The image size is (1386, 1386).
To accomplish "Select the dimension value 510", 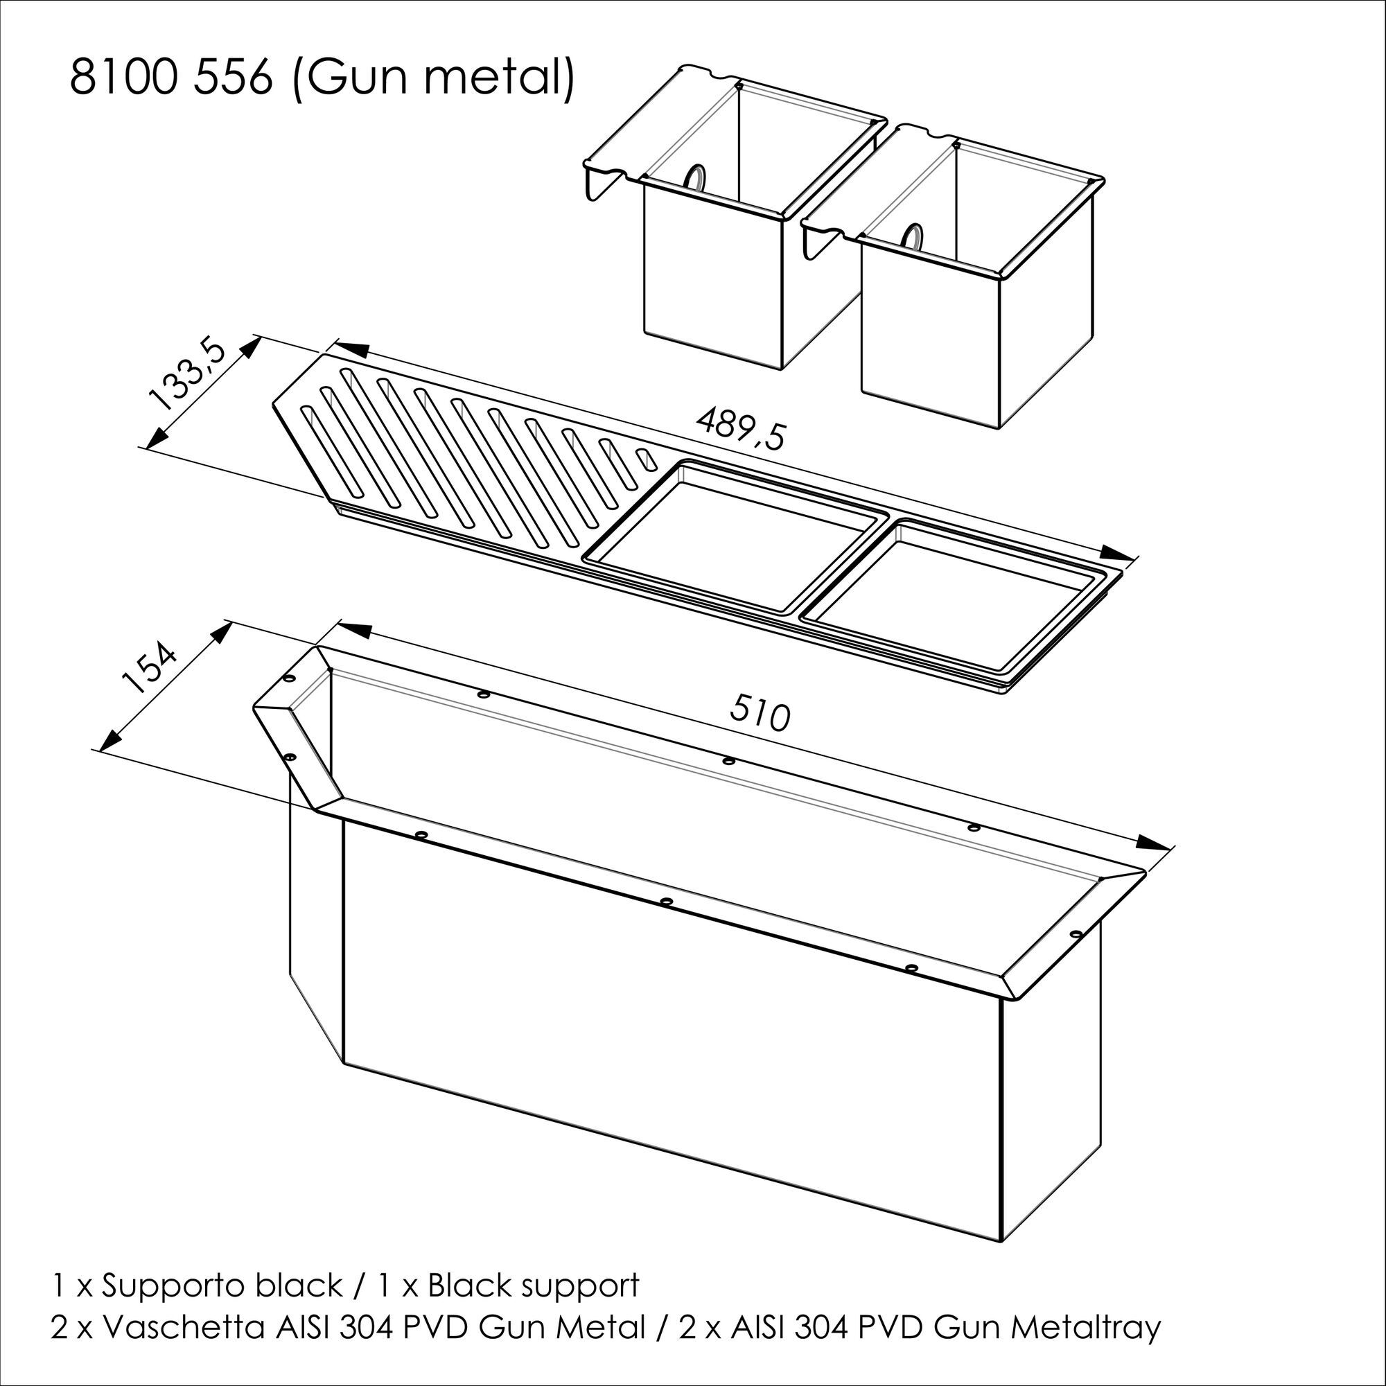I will pos(760,714).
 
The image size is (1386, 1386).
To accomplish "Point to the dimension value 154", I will pos(148,669).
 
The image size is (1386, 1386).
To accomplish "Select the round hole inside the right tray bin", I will pos(913,236).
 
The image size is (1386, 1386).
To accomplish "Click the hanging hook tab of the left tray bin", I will pos(601,181).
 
